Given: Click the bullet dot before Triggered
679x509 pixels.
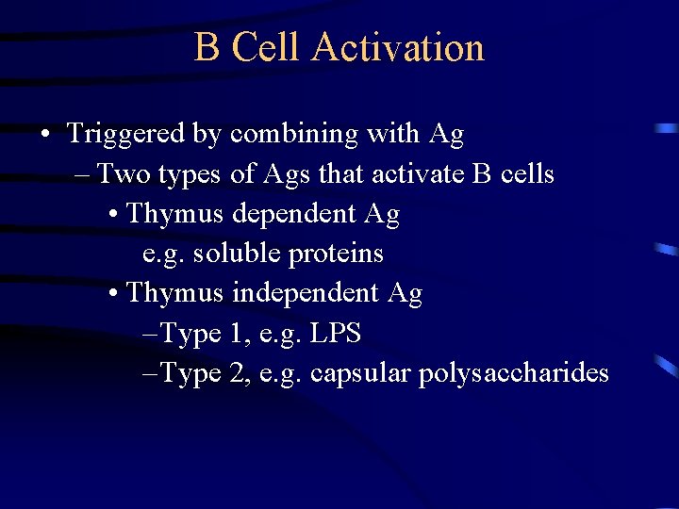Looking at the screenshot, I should point(45,135).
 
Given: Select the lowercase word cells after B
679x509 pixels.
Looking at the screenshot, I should point(526,174).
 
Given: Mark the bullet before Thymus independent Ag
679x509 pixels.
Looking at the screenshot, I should point(113,294).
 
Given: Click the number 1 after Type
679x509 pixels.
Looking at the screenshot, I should point(237,334).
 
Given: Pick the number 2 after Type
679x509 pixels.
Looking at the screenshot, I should point(237,373).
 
